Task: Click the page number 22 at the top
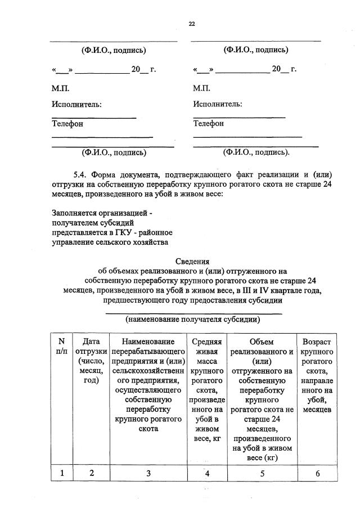191,24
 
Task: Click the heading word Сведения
191,261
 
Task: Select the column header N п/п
61,346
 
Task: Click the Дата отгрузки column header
91,360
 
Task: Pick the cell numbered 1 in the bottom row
61,473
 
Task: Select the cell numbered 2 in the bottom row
91,473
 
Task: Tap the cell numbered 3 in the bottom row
148,473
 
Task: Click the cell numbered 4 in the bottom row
207,473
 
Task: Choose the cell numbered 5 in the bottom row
262,473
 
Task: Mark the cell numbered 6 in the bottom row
317,473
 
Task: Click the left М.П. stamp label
61,88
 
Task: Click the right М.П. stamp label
201,88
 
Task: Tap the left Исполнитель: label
77,105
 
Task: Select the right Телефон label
208,123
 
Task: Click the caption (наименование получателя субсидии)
192,319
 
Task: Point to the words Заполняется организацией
102,213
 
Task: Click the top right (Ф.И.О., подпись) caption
256,50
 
